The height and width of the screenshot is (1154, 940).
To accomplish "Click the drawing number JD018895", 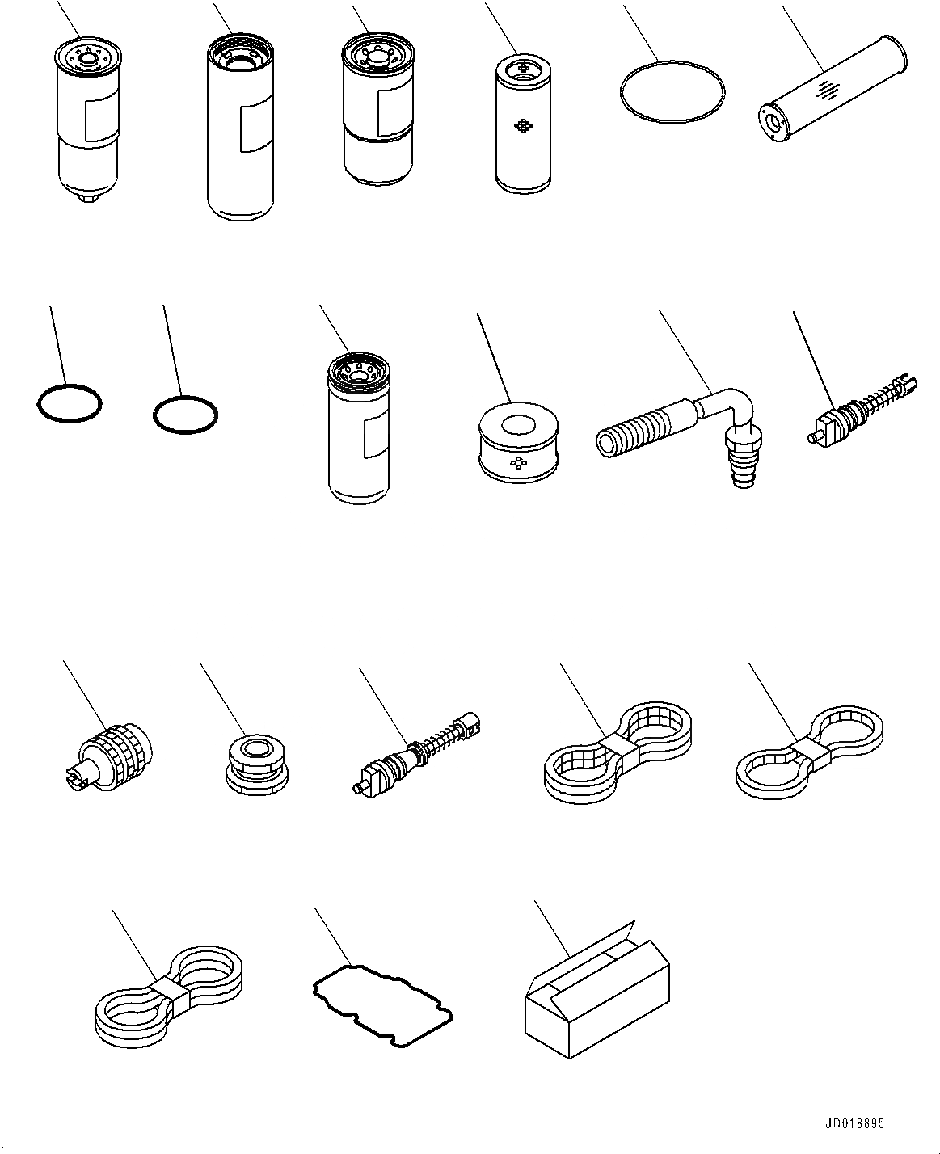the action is click(854, 1123).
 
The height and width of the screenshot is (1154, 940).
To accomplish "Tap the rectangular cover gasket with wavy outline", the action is click(382, 1004).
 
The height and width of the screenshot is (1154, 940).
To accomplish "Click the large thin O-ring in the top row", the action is click(672, 91).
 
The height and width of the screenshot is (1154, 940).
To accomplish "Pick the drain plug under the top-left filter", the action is click(86, 199).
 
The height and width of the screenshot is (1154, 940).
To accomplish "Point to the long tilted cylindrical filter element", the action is click(832, 89).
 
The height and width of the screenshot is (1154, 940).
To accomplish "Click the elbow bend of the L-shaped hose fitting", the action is click(742, 402).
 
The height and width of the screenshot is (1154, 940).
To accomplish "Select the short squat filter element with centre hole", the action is click(518, 442).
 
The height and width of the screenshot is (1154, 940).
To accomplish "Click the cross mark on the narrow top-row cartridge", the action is click(523, 127).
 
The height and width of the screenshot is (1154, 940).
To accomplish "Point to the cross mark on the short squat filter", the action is click(518, 463).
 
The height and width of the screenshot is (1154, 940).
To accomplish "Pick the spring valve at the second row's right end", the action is click(862, 411).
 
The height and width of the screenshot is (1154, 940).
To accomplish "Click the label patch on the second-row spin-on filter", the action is click(377, 435).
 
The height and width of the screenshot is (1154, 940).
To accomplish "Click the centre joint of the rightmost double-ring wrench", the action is click(809, 753).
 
